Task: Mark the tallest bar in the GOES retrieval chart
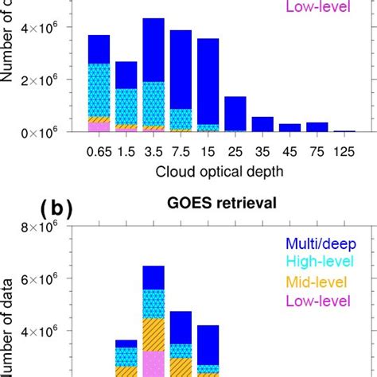coord(153,318)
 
